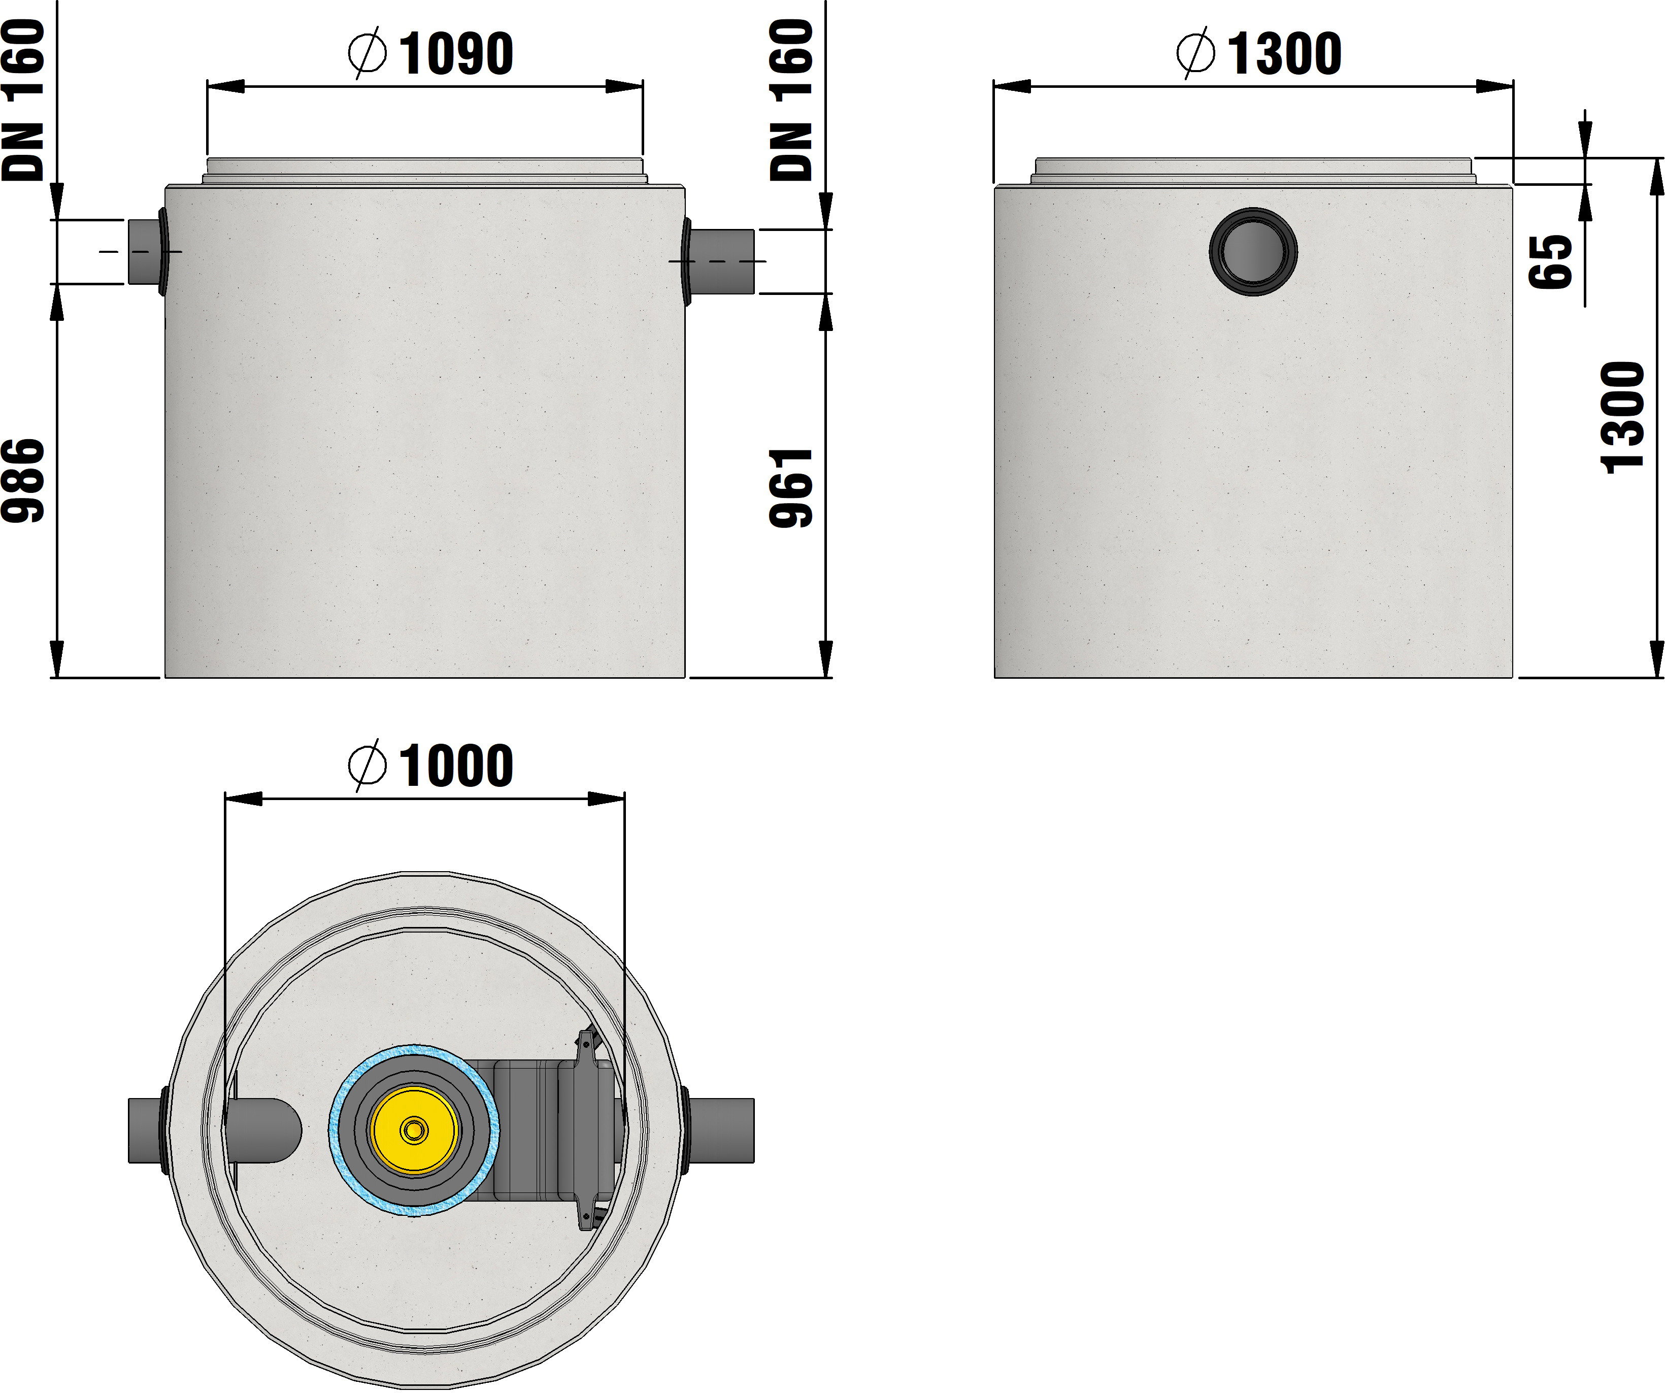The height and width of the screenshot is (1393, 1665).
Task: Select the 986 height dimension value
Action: (23, 480)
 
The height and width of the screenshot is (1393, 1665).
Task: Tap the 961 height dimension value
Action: (791, 487)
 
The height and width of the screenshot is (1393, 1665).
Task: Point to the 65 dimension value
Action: (1550, 261)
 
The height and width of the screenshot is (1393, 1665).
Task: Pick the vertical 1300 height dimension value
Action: (1623, 418)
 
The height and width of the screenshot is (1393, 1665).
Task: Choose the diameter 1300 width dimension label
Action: (1259, 54)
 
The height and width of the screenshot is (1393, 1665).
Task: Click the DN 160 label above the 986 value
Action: (23, 100)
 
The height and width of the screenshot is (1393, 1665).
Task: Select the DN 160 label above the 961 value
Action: (791, 100)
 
